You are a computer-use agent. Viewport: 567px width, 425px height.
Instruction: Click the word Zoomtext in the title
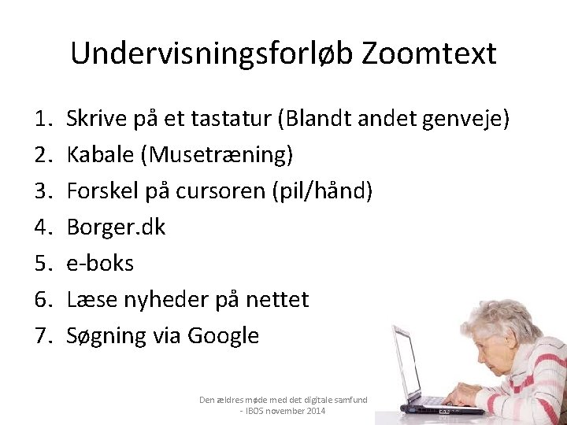pos(429,54)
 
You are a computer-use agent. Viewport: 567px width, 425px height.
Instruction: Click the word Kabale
pos(100,155)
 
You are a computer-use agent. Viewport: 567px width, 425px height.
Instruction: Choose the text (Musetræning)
pos(217,155)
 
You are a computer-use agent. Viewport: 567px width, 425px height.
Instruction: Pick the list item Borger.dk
pos(116,227)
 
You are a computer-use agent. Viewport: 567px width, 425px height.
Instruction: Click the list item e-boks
pos(100,264)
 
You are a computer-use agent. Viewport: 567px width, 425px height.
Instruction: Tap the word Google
pos(223,336)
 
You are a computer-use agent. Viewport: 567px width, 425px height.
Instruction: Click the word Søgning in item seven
pos(106,336)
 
